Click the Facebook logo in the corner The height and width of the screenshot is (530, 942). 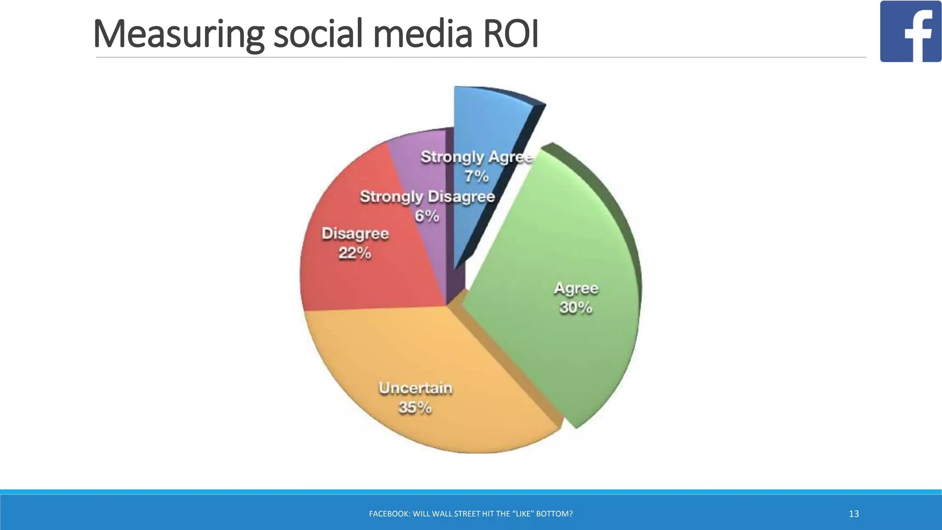click(x=910, y=31)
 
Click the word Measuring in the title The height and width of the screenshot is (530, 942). click(x=178, y=34)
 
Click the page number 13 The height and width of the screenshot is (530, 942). click(x=854, y=514)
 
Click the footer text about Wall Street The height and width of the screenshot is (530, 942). click(x=471, y=514)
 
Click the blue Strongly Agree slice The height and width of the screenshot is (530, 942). click(x=488, y=120)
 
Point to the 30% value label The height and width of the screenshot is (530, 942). click(x=576, y=307)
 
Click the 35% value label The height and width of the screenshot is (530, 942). click(x=415, y=408)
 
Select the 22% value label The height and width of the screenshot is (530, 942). click(x=355, y=253)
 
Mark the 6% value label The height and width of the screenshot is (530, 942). click(x=427, y=216)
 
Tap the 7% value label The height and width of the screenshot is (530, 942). click(x=477, y=176)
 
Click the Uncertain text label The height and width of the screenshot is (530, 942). click(x=415, y=388)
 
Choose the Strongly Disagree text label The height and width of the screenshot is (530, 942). click(x=427, y=196)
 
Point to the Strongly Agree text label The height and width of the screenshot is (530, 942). click(x=477, y=157)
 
